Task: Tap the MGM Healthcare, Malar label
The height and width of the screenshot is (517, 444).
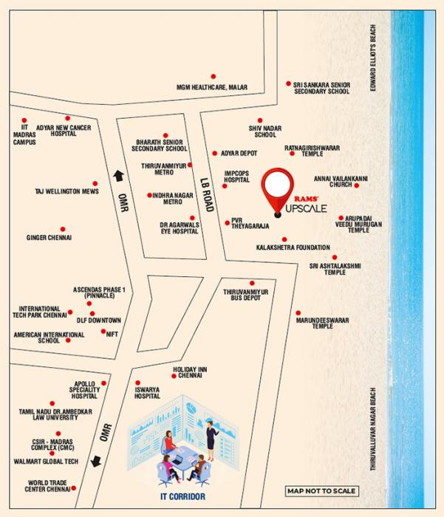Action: coord(211,86)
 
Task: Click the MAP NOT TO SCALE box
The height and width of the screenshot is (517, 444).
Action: coord(321,491)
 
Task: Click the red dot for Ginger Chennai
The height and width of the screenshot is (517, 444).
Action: coord(62,230)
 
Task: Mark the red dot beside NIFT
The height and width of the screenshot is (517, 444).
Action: coord(103,332)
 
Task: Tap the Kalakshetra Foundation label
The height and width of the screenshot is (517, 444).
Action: coord(292,247)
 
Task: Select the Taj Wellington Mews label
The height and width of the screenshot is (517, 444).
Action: coord(65,191)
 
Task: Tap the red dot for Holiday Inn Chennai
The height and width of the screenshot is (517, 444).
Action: coord(174,377)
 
